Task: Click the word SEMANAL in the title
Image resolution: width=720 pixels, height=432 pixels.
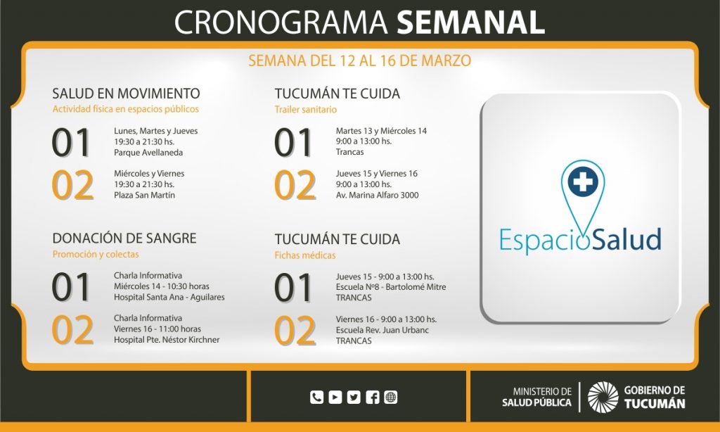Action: click(x=470, y=22)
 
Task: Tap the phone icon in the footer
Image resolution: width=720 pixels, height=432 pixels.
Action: click(x=317, y=397)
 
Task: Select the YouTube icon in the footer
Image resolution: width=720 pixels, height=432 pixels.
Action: click(x=335, y=397)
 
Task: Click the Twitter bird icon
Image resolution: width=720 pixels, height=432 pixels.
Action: click(x=354, y=397)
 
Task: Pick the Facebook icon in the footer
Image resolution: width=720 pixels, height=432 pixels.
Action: click(x=373, y=397)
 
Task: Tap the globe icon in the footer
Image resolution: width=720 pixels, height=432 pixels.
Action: click(x=391, y=397)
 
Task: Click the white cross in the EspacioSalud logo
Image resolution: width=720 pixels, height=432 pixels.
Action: click(x=583, y=181)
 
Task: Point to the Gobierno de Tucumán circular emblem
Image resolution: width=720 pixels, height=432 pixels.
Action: click(x=603, y=397)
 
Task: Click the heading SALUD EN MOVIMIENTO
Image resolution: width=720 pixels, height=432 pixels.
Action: click(x=126, y=94)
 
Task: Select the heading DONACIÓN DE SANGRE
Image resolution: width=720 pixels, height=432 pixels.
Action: click(x=124, y=238)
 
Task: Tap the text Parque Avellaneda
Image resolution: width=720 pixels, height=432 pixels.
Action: click(x=148, y=153)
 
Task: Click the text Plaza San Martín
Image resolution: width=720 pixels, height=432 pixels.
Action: click(x=145, y=196)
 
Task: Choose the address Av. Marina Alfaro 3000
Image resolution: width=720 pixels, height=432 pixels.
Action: click(x=377, y=196)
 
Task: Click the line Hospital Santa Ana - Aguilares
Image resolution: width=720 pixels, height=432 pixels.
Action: click(x=169, y=298)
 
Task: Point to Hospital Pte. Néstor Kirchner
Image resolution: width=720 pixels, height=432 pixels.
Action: click(x=167, y=340)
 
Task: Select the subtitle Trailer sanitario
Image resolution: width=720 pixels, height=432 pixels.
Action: click(x=306, y=110)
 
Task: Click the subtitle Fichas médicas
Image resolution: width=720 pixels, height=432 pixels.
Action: click(x=305, y=255)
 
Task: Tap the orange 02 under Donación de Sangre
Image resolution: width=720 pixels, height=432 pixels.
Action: click(x=72, y=330)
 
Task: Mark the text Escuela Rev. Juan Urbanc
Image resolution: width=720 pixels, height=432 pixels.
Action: click(x=382, y=331)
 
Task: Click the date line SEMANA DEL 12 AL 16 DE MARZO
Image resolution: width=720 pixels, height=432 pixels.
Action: click(x=360, y=61)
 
